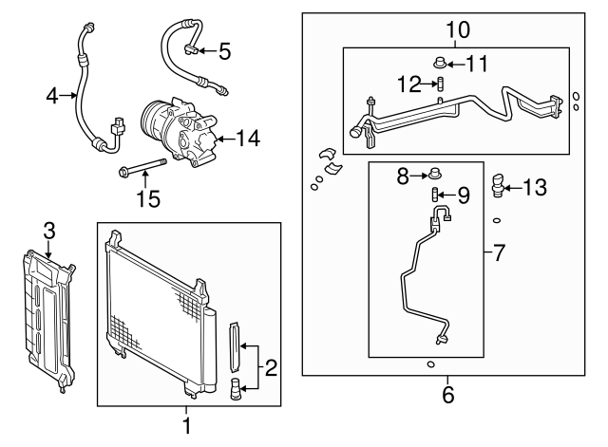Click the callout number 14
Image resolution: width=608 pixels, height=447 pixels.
(x=247, y=139)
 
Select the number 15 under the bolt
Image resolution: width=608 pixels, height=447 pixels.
(x=147, y=199)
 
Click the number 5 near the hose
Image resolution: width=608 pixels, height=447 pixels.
(x=224, y=50)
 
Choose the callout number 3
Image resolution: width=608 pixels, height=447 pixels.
(x=48, y=229)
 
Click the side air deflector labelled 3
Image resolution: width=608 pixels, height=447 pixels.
(x=48, y=318)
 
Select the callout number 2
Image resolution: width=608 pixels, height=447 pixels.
(x=271, y=366)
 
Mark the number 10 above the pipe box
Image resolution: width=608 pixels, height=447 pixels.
(x=457, y=29)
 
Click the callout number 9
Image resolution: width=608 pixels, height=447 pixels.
(x=463, y=196)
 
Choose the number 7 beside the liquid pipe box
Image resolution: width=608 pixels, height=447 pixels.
(x=501, y=253)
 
